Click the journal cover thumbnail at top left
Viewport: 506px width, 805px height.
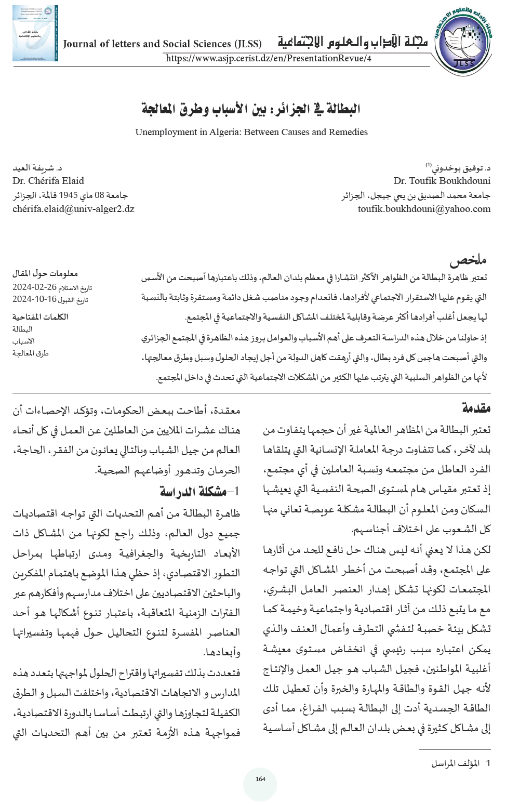click(35, 33)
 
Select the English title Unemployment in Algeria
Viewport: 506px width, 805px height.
click(251, 132)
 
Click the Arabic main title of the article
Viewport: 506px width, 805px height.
click(251, 109)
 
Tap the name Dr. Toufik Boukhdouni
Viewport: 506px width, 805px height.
click(442, 181)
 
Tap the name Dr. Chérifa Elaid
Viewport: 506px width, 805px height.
click(48, 181)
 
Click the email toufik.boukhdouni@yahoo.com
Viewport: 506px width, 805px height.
click(424, 209)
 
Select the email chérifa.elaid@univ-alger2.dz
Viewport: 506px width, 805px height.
click(73, 209)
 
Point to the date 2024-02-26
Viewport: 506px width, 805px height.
click(35, 287)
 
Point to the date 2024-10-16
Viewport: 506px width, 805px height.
click(34, 299)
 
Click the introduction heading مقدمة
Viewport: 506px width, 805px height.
click(476, 408)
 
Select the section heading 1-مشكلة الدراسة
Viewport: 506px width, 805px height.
click(199, 492)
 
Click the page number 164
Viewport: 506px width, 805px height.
click(260, 779)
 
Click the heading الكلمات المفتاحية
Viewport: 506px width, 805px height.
click(41, 316)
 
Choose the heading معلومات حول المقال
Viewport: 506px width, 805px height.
click(45, 273)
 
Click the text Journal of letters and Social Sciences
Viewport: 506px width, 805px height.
click(162, 44)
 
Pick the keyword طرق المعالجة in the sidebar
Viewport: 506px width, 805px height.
click(31, 353)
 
